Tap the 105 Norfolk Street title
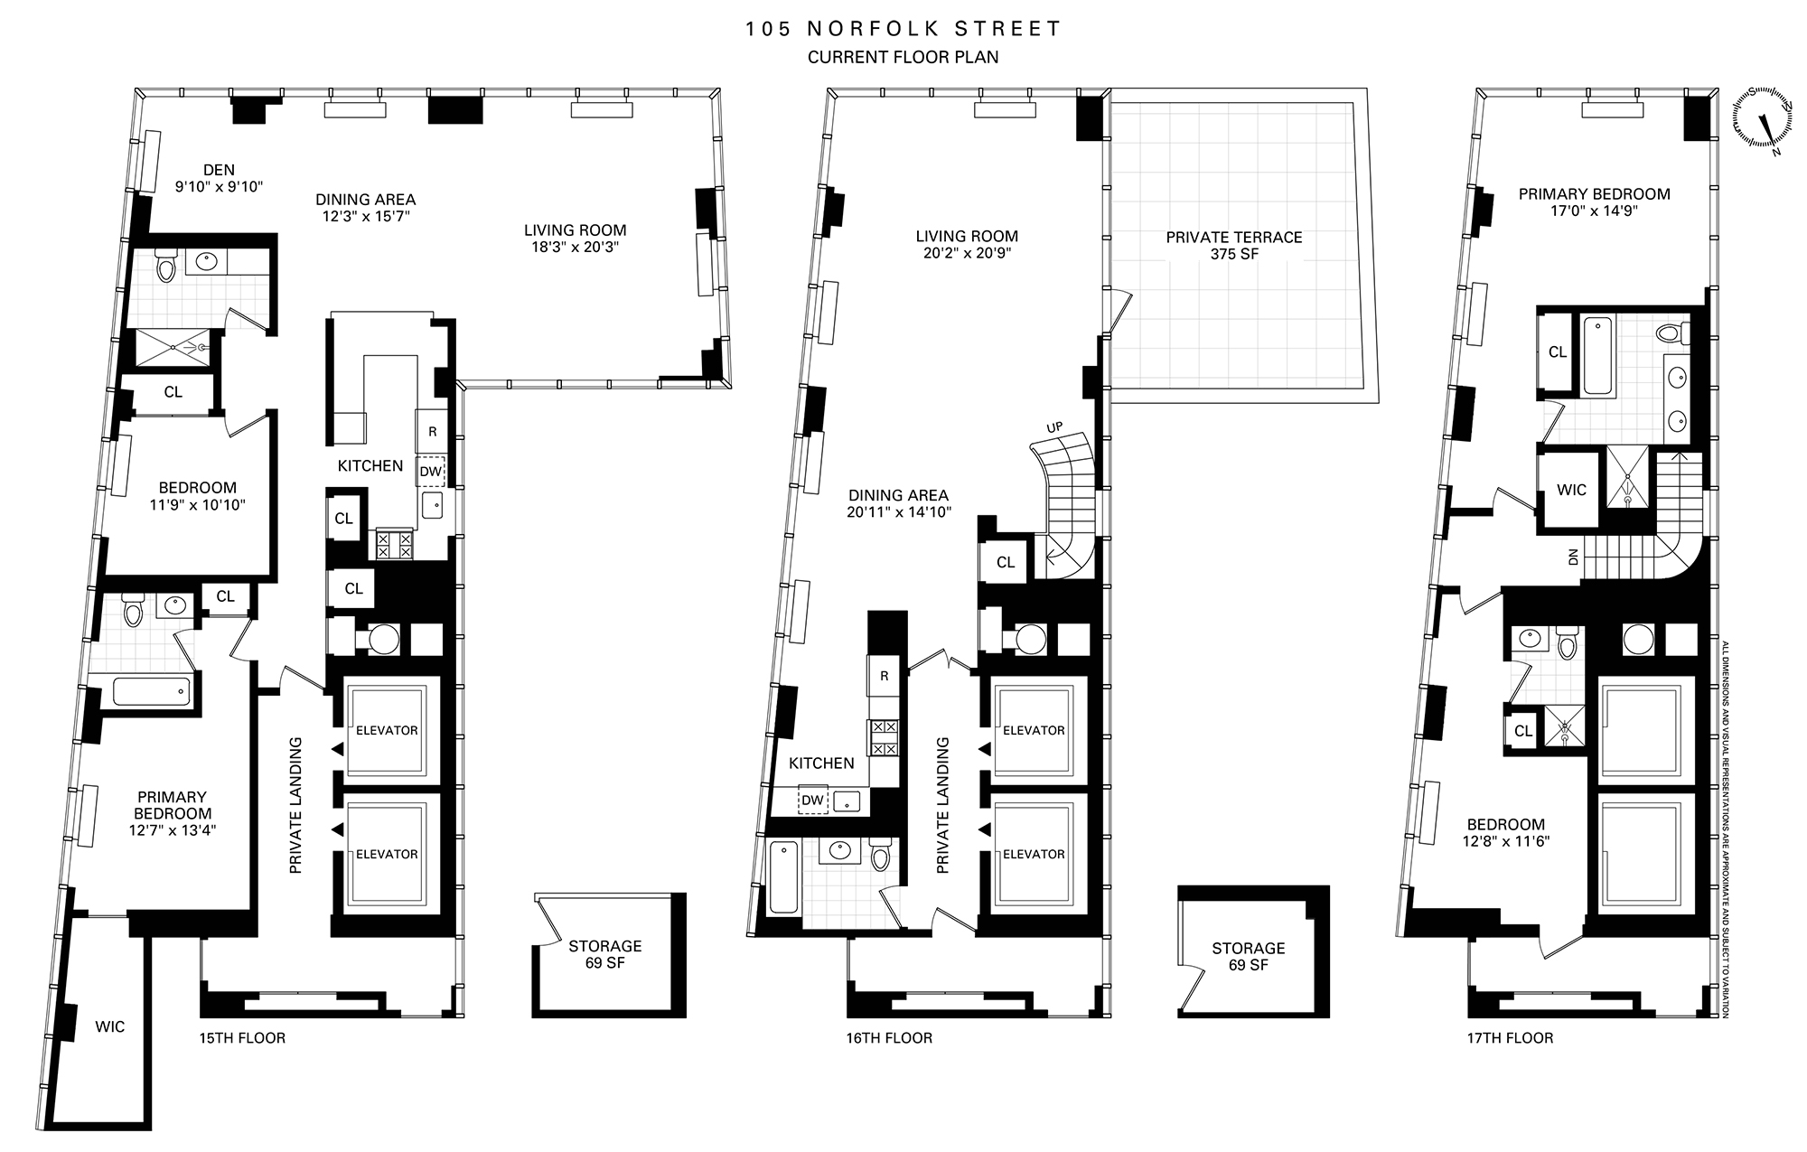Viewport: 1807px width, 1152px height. pyautogui.click(x=903, y=29)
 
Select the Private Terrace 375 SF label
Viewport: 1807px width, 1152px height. pyautogui.click(x=1233, y=245)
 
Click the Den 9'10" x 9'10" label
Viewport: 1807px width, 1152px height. pyautogui.click(x=219, y=178)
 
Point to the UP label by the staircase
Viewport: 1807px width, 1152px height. pyautogui.click(x=1054, y=426)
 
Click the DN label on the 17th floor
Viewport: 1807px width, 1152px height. pyautogui.click(x=1574, y=558)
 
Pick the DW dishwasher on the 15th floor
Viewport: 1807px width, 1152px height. pyautogui.click(x=431, y=471)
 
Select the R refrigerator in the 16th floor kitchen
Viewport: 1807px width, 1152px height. pyautogui.click(x=884, y=676)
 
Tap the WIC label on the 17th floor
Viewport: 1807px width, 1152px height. pyautogui.click(x=1571, y=490)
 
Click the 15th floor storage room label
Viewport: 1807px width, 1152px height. pyautogui.click(x=604, y=954)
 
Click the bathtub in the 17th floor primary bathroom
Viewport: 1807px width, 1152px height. pyautogui.click(x=1596, y=354)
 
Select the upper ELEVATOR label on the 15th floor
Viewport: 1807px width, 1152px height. pyautogui.click(x=387, y=730)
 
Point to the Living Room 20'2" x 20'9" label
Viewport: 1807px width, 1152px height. pyautogui.click(x=967, y=245)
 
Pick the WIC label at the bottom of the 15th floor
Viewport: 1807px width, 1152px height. pyautogui.click(x=110, y=1026)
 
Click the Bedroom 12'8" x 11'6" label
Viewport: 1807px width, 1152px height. pyautogui.click(x=1505, y=832)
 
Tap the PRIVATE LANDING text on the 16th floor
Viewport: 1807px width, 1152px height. pyautogui.click(x=943, y=805)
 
